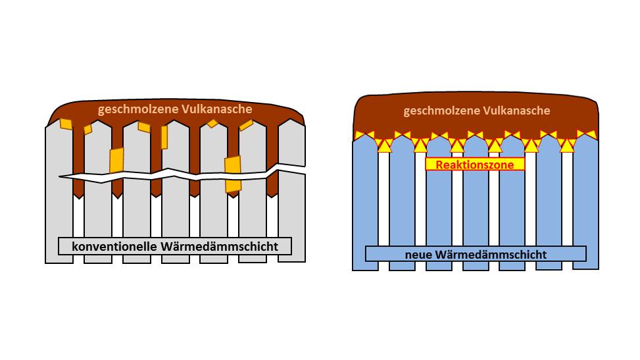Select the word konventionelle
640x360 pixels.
(114, 247)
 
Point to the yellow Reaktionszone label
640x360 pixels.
(474, 164)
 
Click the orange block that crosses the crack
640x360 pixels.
(233, 174)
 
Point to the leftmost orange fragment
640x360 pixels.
(66, 124)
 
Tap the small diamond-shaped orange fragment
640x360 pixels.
(212, 123)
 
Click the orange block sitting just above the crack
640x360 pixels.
(116, 160)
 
